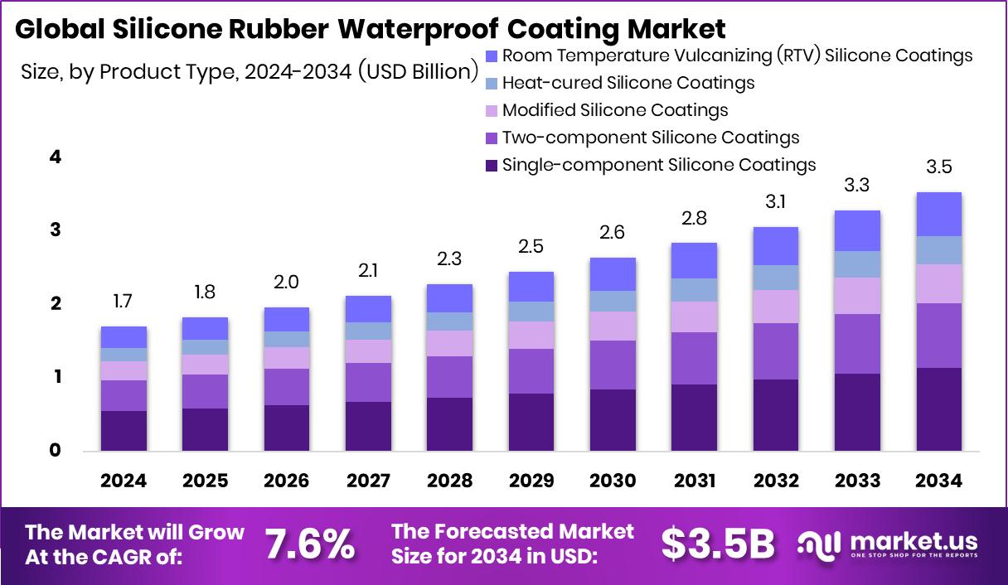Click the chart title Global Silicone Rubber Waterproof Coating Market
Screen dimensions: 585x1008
[371, 29]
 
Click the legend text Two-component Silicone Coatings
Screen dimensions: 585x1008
[651, 138]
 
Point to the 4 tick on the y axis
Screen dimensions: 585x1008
[55, 157]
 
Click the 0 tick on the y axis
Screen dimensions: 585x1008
[55, 451]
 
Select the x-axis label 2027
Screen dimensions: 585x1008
[368, 481]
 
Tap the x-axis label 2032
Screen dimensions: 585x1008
[776, 481]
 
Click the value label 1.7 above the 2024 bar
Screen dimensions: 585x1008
[123, 302]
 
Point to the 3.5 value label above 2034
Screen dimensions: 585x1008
[939, 167]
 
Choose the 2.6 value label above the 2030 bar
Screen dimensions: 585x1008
[613, 233]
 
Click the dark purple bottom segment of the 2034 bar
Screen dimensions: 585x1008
[939, 409]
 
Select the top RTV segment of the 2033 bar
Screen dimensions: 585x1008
[857, 230]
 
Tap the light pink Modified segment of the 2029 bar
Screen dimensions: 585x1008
[531, 335]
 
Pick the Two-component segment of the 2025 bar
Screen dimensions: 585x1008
[205, 391]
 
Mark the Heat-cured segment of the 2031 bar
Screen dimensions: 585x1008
[694, 290]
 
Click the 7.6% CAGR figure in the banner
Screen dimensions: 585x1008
[310, 544]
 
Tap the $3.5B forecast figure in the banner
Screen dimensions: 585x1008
[718, 544]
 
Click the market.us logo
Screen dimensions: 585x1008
[888, 544]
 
